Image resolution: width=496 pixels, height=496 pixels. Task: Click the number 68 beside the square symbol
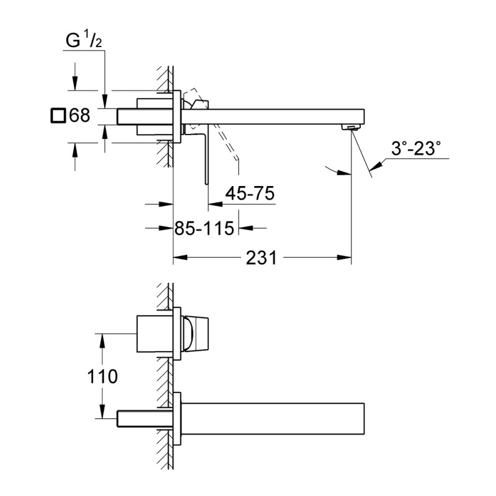click(79, 115)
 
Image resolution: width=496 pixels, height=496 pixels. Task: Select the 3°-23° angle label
click(416, 148)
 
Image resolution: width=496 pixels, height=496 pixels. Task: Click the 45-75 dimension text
click(249, 194)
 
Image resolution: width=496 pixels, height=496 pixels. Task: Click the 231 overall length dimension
click(261, 257)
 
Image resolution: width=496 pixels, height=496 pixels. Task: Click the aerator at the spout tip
click(352, 128)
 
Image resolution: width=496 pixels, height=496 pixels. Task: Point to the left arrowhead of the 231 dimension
click(177, 257)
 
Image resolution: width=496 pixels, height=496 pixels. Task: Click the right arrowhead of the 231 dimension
click(348, 257)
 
